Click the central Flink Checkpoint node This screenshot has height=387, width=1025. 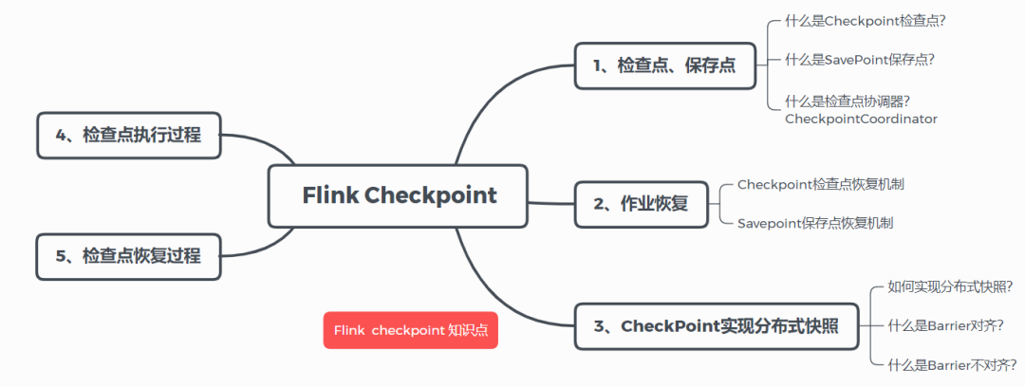(398, 196)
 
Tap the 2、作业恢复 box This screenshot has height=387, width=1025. (641, 203)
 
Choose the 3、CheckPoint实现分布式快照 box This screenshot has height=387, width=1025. (717, 326)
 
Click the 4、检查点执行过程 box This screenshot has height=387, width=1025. (128, 135)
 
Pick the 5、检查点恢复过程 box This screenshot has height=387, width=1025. (128, 256)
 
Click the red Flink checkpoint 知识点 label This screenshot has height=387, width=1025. (410, 330)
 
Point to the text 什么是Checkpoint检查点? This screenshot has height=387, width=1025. (860, 20)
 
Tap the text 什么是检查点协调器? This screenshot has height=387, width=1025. (848, 100)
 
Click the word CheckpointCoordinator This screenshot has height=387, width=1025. (861, 119)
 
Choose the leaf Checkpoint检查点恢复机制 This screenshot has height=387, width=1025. (820, 184)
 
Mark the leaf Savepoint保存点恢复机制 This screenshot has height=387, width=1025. (815, 224)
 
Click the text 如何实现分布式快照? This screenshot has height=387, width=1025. (949, 286)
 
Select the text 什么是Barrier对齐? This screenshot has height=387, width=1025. (944, 324)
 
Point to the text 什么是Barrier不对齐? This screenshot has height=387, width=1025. (951, 363)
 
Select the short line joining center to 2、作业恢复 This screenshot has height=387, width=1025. (550, 202)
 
